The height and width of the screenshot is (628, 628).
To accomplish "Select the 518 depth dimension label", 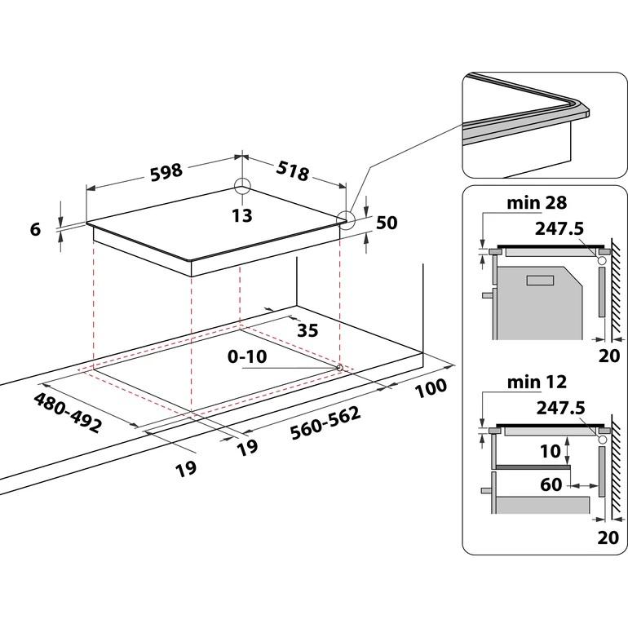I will pos(292,172).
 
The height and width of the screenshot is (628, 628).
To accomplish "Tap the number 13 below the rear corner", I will pos(241,216).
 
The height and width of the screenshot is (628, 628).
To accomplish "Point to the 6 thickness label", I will pos(35,230).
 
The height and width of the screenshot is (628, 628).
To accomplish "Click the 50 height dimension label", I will pos(387,223).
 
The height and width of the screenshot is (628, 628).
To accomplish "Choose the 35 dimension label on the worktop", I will pos(307,330).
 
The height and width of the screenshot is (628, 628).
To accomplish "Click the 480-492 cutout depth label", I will pos(67,413).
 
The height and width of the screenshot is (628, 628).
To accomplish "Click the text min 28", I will pos(536,202).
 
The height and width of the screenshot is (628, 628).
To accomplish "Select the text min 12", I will pos(536,382).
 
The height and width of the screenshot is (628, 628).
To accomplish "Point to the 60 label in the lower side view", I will pos(551,484).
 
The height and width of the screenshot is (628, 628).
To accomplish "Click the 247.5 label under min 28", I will pos(559,229).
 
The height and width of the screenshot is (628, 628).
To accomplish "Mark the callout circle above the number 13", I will pos(242,186).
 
